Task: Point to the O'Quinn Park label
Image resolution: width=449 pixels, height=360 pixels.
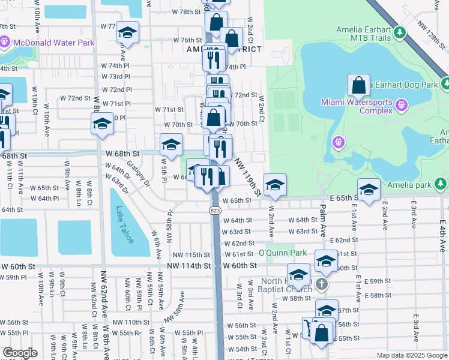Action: click(282, 252)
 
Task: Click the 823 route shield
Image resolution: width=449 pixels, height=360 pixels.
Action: click(214, 211)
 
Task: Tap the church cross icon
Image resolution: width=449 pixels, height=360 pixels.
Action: click(322, 284)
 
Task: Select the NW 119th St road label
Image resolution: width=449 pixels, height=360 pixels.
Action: click(248, 177)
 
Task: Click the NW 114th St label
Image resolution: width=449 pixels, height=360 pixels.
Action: click(189, 265)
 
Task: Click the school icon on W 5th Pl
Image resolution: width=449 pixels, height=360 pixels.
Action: click(171, 144)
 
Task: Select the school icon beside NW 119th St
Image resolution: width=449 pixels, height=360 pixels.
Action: click(275, 184)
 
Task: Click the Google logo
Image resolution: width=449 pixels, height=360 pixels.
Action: click(20, 353)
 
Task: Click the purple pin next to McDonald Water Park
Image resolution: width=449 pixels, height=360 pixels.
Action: click(5, 43)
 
